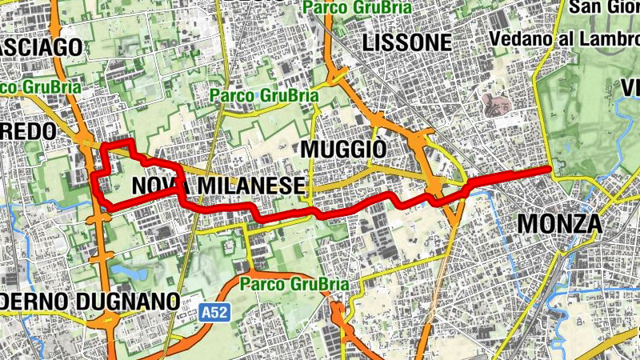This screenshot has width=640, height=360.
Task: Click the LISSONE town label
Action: click(406, 42)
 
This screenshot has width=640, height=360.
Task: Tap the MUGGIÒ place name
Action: click(343, 150)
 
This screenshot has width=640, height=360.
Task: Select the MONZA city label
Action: click(559, 223)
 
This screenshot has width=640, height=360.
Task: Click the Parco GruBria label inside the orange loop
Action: click(294, 284)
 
